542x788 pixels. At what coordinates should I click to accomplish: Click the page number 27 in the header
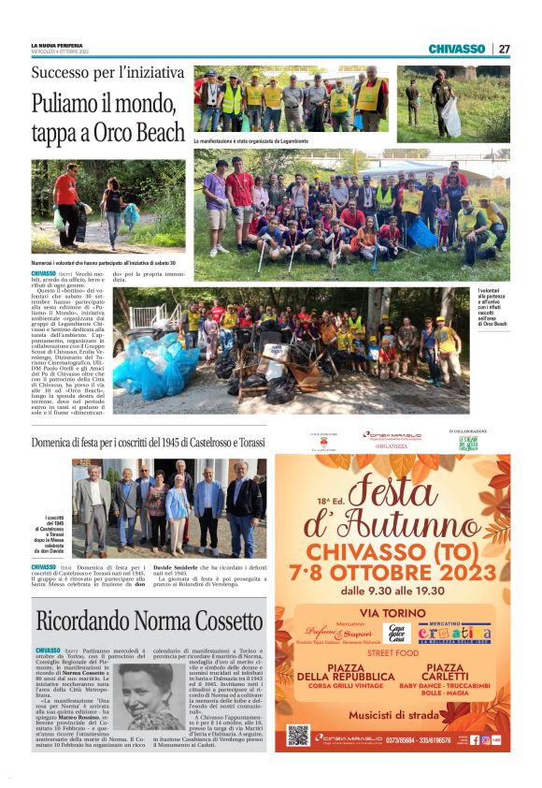point(504,49)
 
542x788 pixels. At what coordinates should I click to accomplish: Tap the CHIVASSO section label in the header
point(456,49)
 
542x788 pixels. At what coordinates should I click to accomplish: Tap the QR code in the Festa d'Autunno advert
point(298,734)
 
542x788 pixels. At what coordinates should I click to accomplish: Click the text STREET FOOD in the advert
point(392,653)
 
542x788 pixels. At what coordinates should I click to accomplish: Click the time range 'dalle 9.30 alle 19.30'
point(392,591)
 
